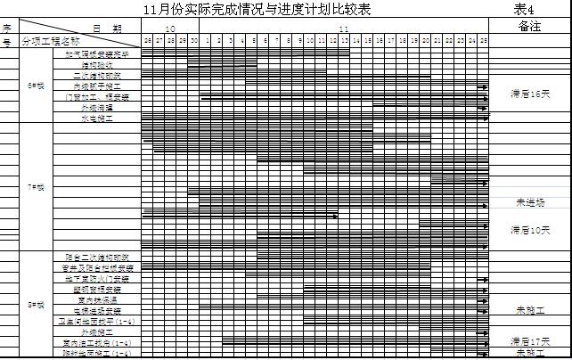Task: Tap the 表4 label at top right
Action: click(524, 10)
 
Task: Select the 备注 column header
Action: click(529, 27)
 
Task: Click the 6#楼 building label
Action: click(37, 86)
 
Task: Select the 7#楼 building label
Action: click(37, 187)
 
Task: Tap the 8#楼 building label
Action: click(37, 304)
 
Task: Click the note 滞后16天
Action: click(529, 93)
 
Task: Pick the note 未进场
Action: click(529, 202)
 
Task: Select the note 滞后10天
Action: click(529, 230)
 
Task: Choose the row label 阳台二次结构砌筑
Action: click(98, 257)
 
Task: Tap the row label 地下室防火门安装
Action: click(98, 278)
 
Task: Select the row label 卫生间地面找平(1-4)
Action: click(98, 321)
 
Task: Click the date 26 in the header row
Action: click(147, 41)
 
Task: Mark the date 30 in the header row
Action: click(193, 41)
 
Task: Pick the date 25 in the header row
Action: click(483, 41)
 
